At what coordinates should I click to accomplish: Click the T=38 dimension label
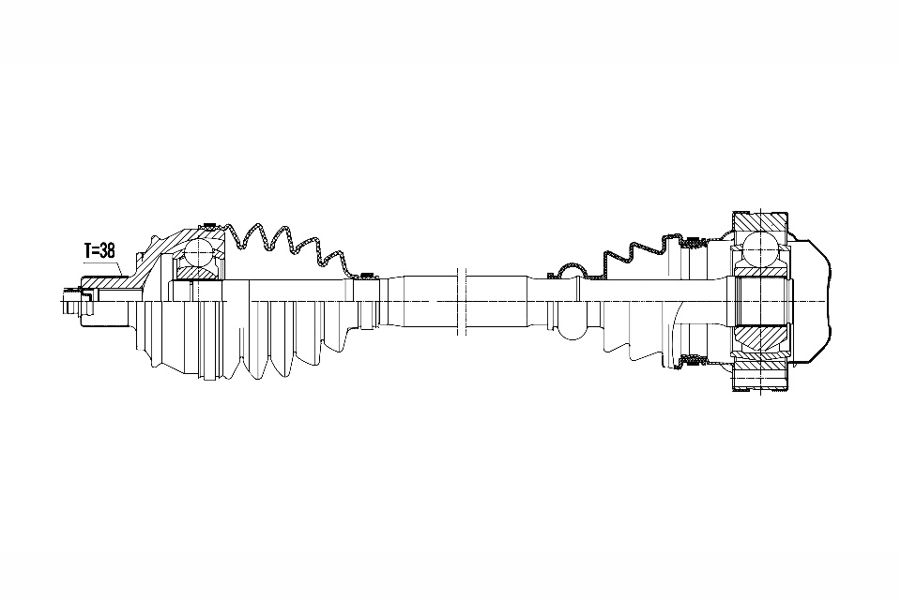pos(99,251)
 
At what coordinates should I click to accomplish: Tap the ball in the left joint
pos(198,251)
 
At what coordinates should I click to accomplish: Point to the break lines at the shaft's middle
pos(460,301)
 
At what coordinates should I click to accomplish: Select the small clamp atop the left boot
pos(366,275)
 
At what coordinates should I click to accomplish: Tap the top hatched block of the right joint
pos(759,221)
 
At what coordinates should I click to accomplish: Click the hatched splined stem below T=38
pos(108,283)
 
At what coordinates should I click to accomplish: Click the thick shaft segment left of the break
pos(430,301)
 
